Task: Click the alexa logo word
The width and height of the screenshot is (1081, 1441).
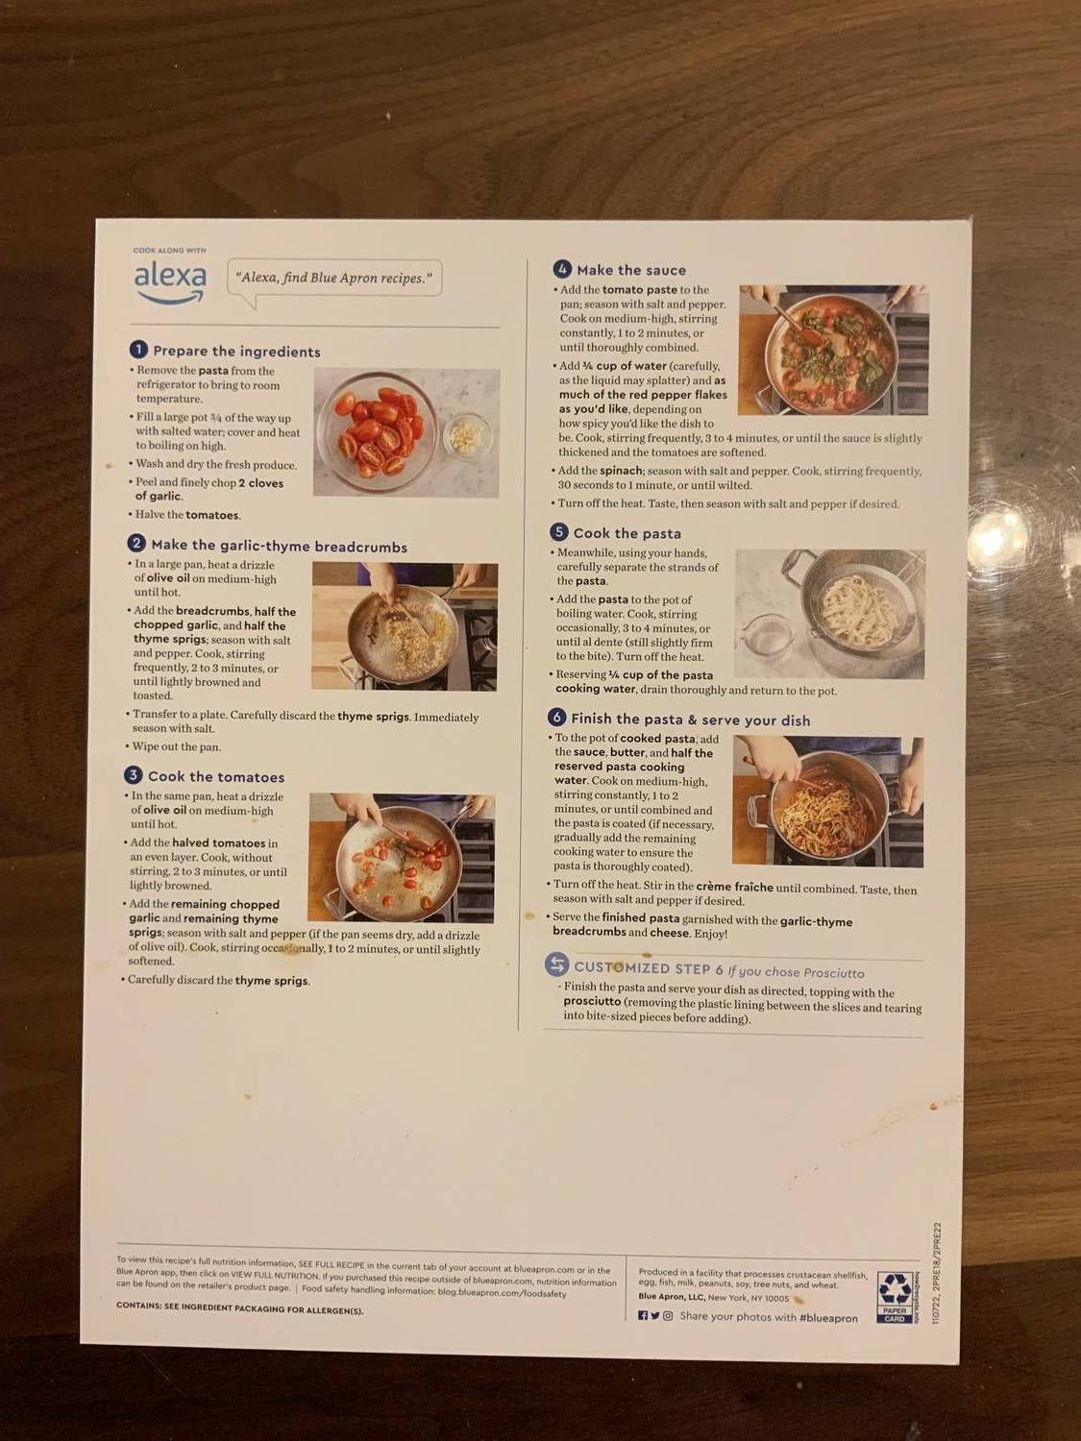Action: [170, 277]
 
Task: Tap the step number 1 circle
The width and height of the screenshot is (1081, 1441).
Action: [139, 350]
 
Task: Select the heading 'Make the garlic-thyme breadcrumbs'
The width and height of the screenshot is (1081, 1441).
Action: [279, 547]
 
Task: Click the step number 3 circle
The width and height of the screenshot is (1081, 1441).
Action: [133, 775]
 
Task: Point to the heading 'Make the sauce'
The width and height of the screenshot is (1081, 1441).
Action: [631, 270]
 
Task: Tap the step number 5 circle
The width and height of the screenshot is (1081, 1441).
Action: [559, 532]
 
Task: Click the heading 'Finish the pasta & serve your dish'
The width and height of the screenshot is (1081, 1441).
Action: [690, 720]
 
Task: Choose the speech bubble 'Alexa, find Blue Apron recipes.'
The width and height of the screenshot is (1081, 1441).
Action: [332, 279]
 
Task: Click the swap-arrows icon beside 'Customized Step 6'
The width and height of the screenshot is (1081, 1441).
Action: [556, 965]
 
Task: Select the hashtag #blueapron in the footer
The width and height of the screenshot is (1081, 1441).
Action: [827, 1318]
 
